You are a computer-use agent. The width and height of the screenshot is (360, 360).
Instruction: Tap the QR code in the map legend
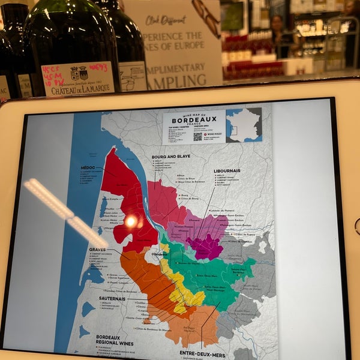tap(197, 136)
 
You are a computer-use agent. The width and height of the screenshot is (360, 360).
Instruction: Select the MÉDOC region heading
tap(88, 167)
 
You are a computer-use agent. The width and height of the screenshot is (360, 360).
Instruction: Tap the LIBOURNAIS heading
tap(227, 170)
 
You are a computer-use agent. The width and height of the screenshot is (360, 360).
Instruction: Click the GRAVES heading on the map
tap(97, 249)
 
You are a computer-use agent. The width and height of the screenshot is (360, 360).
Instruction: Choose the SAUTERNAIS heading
tap(112, 298)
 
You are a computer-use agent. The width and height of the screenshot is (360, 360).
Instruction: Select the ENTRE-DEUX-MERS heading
tap(202, 355)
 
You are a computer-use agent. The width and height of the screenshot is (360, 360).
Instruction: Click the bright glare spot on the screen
tap(130, 221)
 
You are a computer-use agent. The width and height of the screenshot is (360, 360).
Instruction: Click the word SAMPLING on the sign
tap(175, 82)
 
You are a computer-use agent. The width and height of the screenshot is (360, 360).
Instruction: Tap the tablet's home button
tap(356, 226)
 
